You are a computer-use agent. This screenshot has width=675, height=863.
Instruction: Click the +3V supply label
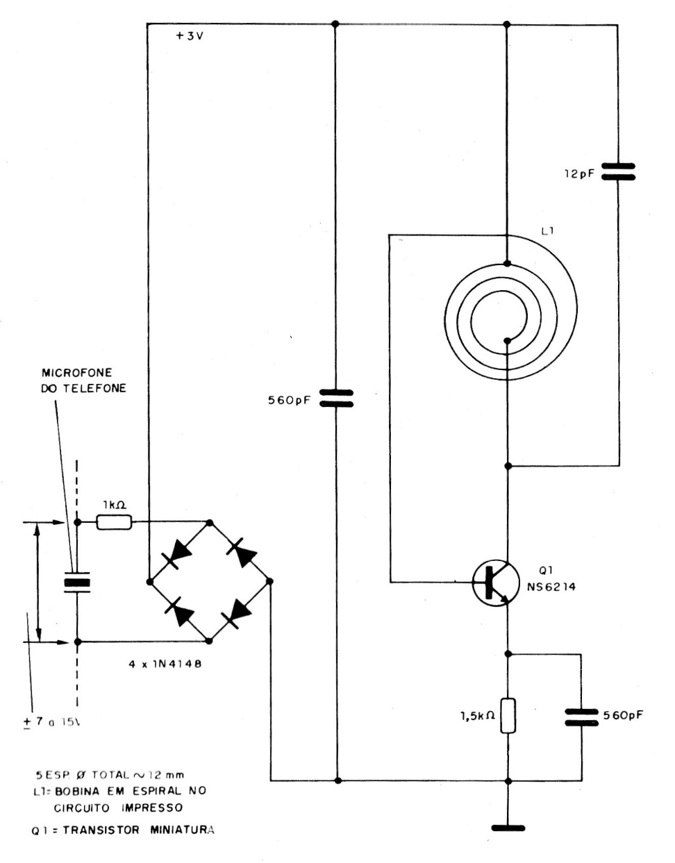pyautogui.click(x=190, y=36)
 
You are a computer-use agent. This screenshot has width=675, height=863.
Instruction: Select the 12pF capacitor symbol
pyautogui.click(x=617, y=171)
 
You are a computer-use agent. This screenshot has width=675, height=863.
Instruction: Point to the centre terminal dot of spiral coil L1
pyautogui.click(x=508, y=340)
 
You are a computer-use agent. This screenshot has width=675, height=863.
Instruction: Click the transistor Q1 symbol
pyautogui.click(x=495, y=582)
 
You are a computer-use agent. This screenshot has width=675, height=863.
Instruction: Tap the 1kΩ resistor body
pyautogui.click(x=114, y=522)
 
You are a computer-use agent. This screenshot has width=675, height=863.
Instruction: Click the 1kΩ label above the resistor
pyautogui.click(x=113, y=505)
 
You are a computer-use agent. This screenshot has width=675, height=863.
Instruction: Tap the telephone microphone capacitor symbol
pyautogui.click(x=77, y=582)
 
